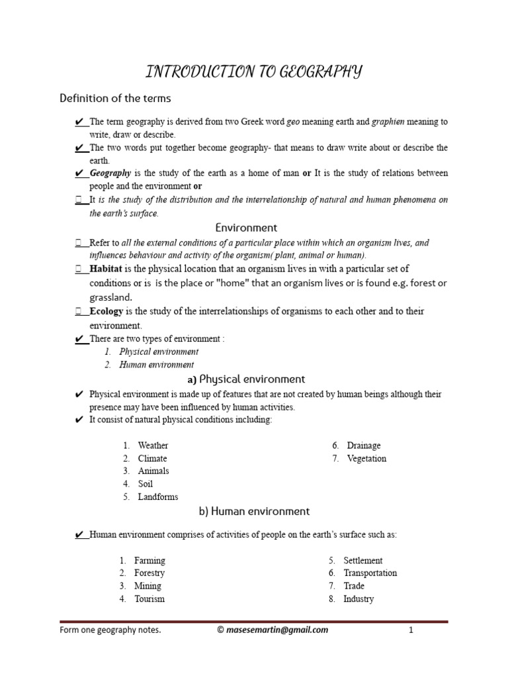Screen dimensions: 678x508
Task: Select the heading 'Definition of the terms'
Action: pyautogui.click(x=115, y=99)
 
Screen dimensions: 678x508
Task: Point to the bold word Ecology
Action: pyautogui.click(x=106, y=311)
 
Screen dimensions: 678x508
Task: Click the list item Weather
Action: pyautogui.click(x=153, y=446)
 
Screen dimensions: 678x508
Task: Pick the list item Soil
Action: pyautogui.click(x=146, y=484)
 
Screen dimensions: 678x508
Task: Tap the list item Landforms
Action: pyautogui.click(x=158, y=497)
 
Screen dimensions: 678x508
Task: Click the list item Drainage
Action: pyautogui.click(x=364, y=446)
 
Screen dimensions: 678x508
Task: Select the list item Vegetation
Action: pyautogui.click(x=366, y=458)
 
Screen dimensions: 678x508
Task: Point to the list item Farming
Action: pyautogui.click(x=149, y=561)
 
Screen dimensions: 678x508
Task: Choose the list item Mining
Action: pyautogui.click(x=148, y=586)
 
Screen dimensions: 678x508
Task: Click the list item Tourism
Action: pyautogui.click(x=149, y=599)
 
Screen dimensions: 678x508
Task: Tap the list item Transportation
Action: pyautogui.click(x=370, y=573)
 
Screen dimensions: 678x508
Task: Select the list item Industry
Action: pyautogui.click(x=359, y=599)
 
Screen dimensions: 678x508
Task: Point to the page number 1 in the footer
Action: pyautogui.click(x=411, y=630)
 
